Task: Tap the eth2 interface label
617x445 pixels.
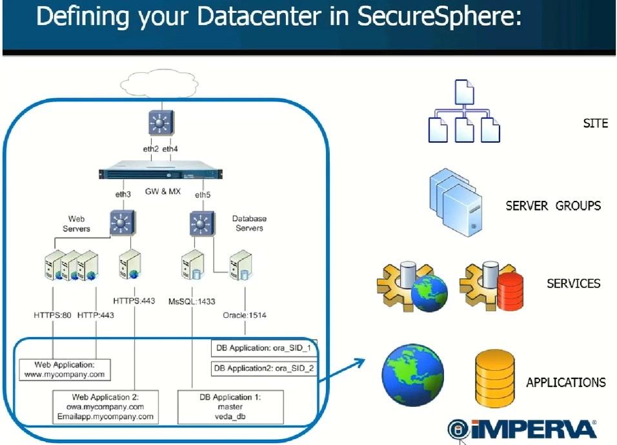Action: tap(150, 149)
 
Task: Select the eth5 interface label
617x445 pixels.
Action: tap(203, 195)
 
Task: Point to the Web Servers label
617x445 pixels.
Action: tap(76, 223)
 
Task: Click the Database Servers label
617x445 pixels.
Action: tap(249, 223)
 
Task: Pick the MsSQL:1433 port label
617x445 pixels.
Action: tap(192, 302)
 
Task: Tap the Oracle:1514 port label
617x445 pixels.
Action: tap(245, 315)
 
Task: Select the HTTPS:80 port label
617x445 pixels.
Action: tap(52, 315)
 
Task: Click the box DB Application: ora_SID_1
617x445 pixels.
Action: tap(265, 349)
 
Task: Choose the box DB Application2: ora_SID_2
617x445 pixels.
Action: tap(265, 369)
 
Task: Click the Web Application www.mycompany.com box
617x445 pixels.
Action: tap(65, 369)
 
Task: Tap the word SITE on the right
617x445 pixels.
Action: tap(595, 123)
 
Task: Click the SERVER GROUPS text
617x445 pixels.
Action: tap(553, 206)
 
